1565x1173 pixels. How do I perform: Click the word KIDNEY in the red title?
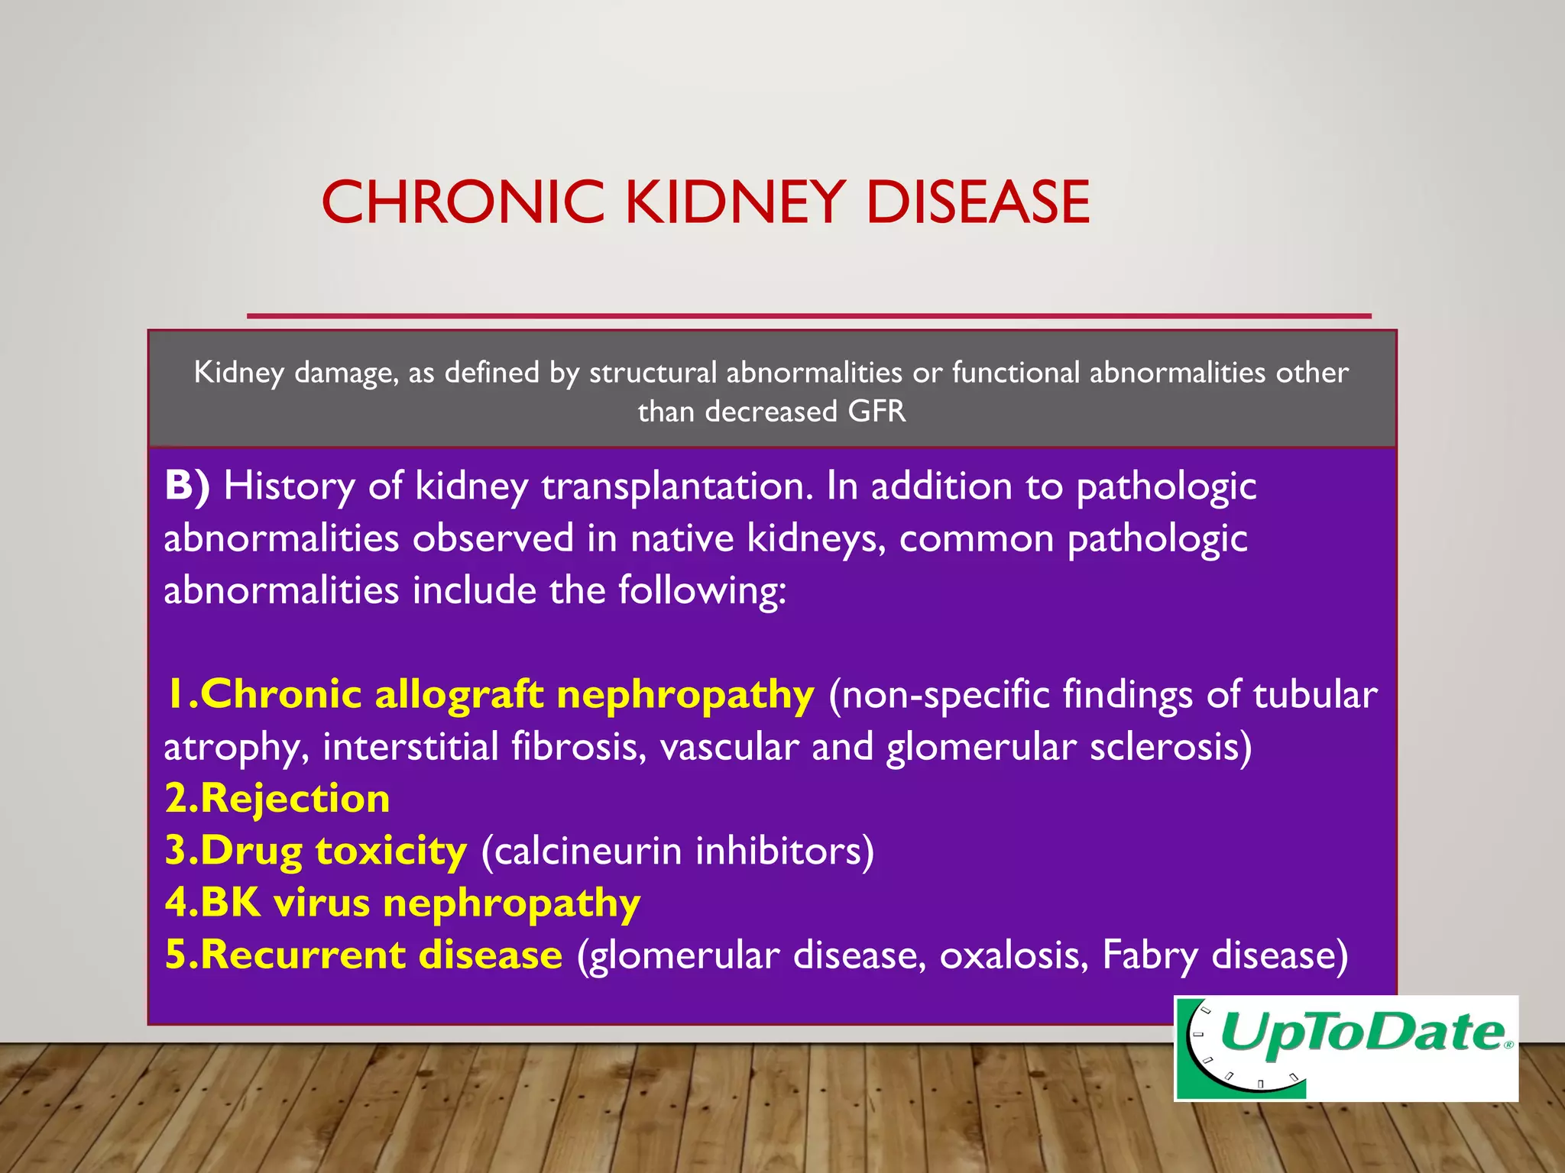tap(735, 202)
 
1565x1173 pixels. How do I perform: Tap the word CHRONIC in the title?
tap(463, 202)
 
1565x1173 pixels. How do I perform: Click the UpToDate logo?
tap(1346, 1048)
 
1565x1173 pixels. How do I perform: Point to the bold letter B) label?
tap(186, 486)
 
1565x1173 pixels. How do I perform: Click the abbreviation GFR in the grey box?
tap(876, 412)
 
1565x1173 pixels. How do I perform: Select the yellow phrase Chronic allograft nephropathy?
tap(489, 695)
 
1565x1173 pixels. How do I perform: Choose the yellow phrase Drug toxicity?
tap(316, 851)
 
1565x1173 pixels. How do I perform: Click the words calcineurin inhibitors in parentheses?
tap(677, 851)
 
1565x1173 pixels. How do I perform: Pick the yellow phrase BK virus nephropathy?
tap(403, 903)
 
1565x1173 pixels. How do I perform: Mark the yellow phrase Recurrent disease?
tap(364, 955)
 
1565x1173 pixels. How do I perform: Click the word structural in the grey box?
tap(653, 373)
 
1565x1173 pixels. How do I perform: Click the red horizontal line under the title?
tap(808, 315)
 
